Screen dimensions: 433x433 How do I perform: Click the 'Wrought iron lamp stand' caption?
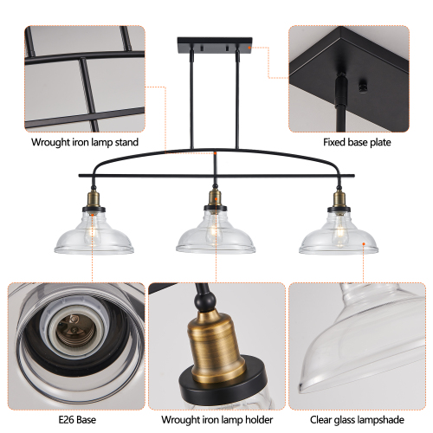[84, 142]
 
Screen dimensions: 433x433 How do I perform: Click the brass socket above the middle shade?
[215, 204]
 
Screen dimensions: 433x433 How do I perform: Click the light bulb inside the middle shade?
[215, 231]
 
